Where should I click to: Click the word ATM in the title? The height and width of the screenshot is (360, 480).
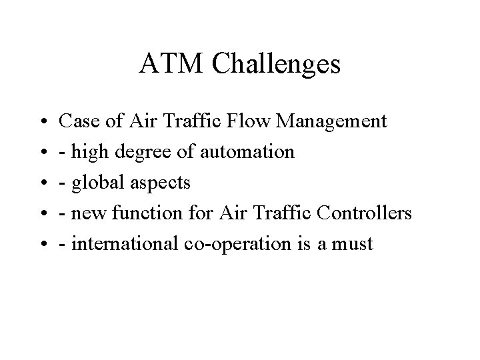pos(171,63)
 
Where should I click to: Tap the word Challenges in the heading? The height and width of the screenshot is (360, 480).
pos(276,65)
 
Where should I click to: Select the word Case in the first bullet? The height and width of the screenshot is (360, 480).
pos(79,121)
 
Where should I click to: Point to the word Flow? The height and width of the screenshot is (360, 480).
pos(248,121)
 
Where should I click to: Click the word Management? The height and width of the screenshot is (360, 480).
pos(331,122)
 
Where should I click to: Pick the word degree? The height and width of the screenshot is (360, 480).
pos(143,153)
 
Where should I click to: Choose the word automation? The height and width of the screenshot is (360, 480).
pos(247,152)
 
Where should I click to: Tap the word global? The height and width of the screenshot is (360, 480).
pos(97,183)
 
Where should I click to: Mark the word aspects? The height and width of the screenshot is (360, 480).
pos(161,184)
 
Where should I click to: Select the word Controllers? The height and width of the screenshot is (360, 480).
pos(364,213)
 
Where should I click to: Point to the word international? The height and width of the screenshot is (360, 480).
pos(125,244)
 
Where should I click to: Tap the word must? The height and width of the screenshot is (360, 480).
pos(353,245)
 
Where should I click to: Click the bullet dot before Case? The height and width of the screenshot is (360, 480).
pos(44,121)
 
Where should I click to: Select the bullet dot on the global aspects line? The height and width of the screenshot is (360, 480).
pos(44,183)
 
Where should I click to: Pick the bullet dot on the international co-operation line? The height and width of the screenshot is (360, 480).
pos(44,244)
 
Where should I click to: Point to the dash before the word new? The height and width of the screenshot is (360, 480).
pos(62,214)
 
